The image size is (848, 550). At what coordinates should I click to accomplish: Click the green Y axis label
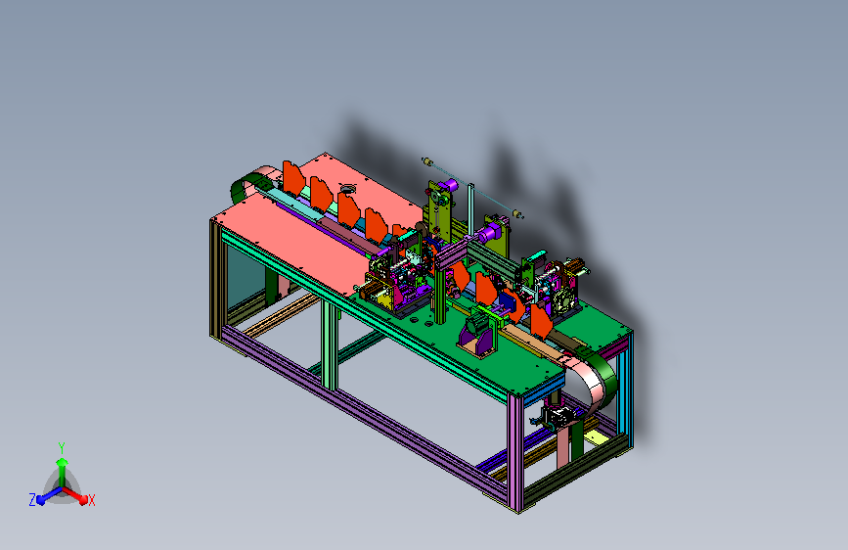click(x=62, y=447)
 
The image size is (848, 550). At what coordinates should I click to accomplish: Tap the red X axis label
click(x=91, y=500)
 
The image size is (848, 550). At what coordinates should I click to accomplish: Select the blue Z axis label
click(x=32, y=500)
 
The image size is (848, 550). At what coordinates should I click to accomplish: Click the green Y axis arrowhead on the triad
click(x=63, y=462)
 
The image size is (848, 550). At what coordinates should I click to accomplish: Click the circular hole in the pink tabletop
click(x=346, y=189)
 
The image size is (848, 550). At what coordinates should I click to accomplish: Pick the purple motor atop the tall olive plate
click(x=448, y=186)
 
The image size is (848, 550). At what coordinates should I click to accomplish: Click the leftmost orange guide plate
click(x=293, y=177)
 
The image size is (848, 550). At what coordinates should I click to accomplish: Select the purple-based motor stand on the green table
click(x=477, y=334)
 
